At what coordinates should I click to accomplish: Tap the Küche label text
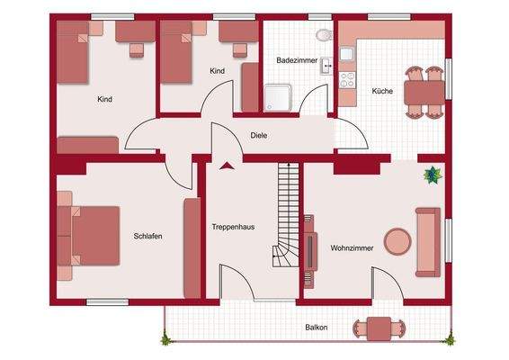[380, 92]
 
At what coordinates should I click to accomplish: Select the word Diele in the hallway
[259, 135]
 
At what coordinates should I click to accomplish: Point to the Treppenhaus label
[233, 227]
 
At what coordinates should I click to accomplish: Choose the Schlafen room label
[147, 236]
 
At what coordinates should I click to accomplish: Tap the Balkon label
[316, 328]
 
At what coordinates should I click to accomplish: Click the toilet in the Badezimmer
[324, 35]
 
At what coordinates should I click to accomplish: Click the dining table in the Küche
[415, 91]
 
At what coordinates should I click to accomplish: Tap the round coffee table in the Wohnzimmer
[397, 240]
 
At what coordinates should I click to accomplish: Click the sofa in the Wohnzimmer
[428, 241]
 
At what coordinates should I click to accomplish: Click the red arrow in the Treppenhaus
[225, 165]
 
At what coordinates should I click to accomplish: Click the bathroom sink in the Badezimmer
[325, 64]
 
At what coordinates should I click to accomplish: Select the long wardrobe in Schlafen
[192, 247]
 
